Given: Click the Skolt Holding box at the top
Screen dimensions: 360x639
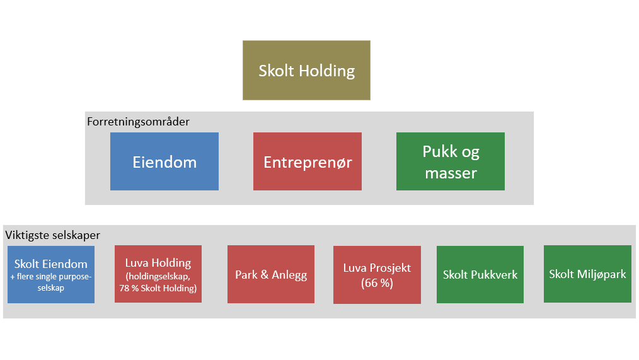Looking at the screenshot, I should [306, 70].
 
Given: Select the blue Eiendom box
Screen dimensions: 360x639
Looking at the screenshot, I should [164, 161].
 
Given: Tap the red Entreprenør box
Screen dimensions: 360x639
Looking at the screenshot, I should [307, 161].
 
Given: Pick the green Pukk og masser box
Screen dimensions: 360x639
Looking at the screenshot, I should [450, 161].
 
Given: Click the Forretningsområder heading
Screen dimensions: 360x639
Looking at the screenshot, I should [138, 122].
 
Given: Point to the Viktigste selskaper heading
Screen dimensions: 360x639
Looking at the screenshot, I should [53, 235].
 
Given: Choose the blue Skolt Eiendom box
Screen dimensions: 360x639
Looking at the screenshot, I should [51, 274].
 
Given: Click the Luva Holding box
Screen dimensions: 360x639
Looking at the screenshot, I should [158, 274].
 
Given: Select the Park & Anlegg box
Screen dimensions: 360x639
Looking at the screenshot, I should [270, 275].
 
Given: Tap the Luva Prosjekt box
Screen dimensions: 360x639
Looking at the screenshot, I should [376, 275].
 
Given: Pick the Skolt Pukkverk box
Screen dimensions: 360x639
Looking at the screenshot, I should [480, 275].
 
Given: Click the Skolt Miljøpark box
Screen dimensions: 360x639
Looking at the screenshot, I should [587, 274].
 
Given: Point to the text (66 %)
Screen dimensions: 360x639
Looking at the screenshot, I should [377, 283].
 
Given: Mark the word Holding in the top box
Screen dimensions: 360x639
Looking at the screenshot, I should [326, 71].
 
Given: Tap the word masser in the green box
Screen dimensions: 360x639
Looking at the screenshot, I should [451, 172].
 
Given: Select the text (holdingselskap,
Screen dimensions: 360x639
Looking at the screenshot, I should [158, 276].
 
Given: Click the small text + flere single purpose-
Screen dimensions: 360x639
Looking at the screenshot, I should [52, 277].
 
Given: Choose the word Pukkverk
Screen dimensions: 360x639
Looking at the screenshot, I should [494, 275].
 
